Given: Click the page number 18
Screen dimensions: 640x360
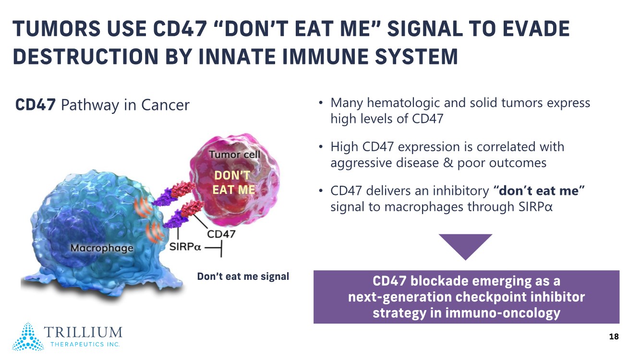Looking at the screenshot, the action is [x=614, y=336].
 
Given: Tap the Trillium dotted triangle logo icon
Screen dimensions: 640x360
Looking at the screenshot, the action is [x=28, y=336].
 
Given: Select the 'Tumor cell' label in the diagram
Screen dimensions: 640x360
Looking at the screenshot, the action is [x=235, y=155].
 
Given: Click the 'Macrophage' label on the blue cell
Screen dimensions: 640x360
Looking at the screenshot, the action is [x=102, y=248].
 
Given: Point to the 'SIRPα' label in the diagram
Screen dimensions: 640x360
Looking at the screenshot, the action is [x=185, y=247].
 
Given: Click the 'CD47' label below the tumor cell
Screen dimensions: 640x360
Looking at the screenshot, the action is [x=221, y=234].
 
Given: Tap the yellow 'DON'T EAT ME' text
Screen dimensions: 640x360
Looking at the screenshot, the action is [x=233, y=182].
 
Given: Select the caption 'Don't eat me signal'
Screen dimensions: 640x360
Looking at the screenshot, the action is [x=243, y=276].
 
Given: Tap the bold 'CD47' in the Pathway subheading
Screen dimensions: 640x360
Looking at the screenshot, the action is [x=36, y=105].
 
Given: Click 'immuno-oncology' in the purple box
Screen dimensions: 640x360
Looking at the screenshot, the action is [x=503, y=313].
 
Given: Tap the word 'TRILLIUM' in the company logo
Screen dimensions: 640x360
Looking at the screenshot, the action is [x=83, y=332].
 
